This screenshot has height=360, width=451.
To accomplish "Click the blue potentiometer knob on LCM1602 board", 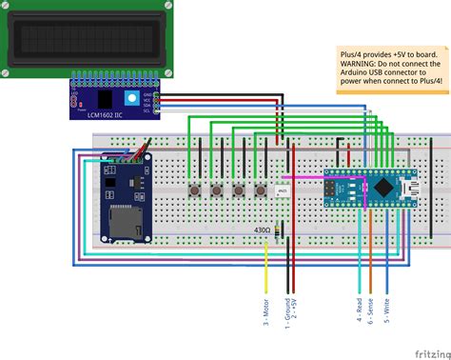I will tap(127, 99).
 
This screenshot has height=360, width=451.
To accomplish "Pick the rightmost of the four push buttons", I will tap(261, 190).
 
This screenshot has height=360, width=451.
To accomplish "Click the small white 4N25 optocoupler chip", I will tap(283, 192).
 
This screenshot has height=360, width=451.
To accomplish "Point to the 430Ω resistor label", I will tap(260, 230).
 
